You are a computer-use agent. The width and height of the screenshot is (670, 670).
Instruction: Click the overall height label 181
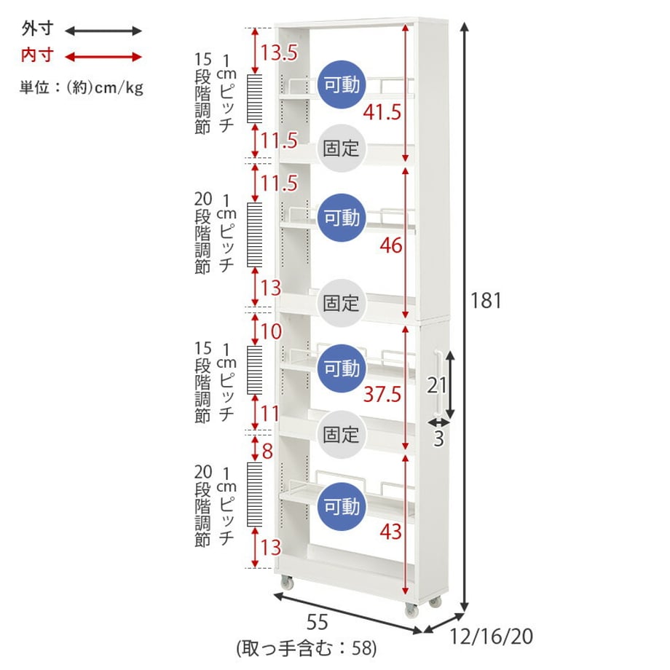pyautogui.click(x=486, y=300)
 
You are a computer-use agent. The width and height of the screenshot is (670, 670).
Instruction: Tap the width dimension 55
pyautogui.click(x=317, y=622)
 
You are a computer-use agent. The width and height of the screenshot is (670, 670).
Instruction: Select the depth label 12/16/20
pyautogui.click(x=492, y=636)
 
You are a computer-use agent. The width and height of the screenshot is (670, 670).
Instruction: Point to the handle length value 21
pyautogui.click(x=437, y=385)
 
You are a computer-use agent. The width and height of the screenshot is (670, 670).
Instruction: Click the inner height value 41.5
pyautogui.click(x=382, y=112)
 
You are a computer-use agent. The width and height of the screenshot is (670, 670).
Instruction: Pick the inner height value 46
pyautogui.click(x=391, y=245)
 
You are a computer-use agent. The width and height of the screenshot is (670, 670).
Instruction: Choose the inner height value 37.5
pyautogui.click(x=382, y=394)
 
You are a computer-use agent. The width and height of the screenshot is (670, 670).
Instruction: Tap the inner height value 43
pyautogui.click(x=391, y=532)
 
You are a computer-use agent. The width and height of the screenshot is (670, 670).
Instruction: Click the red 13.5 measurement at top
pyautogui.click(x=279, y=52)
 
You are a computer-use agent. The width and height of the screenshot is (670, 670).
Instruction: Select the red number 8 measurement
pyautogui.click(x=267, y=451)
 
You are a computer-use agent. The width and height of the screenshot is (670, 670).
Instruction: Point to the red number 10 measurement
pyautogui.click(x=271, y=331)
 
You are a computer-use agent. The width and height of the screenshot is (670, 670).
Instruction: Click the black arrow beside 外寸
pyautogui.click(x=103, y=31)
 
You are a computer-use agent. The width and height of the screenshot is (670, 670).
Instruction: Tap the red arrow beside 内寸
pyautogui.click(x=103, y=57)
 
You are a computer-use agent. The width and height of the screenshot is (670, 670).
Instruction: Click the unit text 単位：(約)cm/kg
pyautogui.click(x=82, y=87)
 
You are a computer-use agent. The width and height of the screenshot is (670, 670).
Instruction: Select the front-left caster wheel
pyautogui.click(x=287, y=582)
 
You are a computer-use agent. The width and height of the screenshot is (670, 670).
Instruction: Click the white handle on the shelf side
pyautogui.click(x=438, y=383)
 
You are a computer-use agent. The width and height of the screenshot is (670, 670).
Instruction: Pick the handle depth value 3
pyautogui.click(x=438, y=439)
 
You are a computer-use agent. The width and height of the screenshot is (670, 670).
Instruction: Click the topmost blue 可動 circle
pyautogui.click(x=342, y=84)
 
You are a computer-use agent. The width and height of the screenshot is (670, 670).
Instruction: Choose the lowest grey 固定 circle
pyautogui.click(x=342, y=435)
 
